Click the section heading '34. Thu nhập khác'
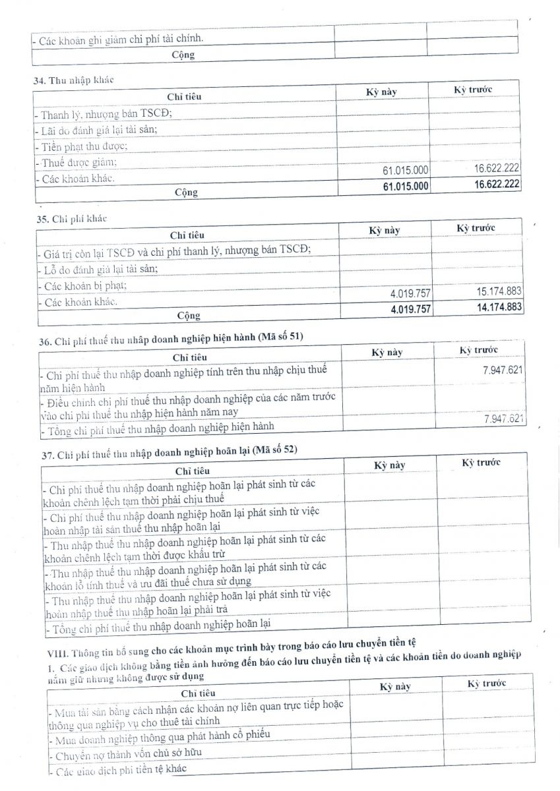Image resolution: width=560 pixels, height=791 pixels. (73, 80)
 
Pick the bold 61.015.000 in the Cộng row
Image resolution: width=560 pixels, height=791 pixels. (406, 187)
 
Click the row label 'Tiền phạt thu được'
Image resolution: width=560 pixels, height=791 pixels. (81, 146)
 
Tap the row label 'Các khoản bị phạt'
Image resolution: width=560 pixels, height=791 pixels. (82, 286)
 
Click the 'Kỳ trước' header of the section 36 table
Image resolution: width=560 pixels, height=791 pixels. (479, 349)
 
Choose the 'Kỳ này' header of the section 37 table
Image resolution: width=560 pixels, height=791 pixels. (389, 465)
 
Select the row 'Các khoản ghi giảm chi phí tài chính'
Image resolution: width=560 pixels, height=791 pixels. (119, 38)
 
